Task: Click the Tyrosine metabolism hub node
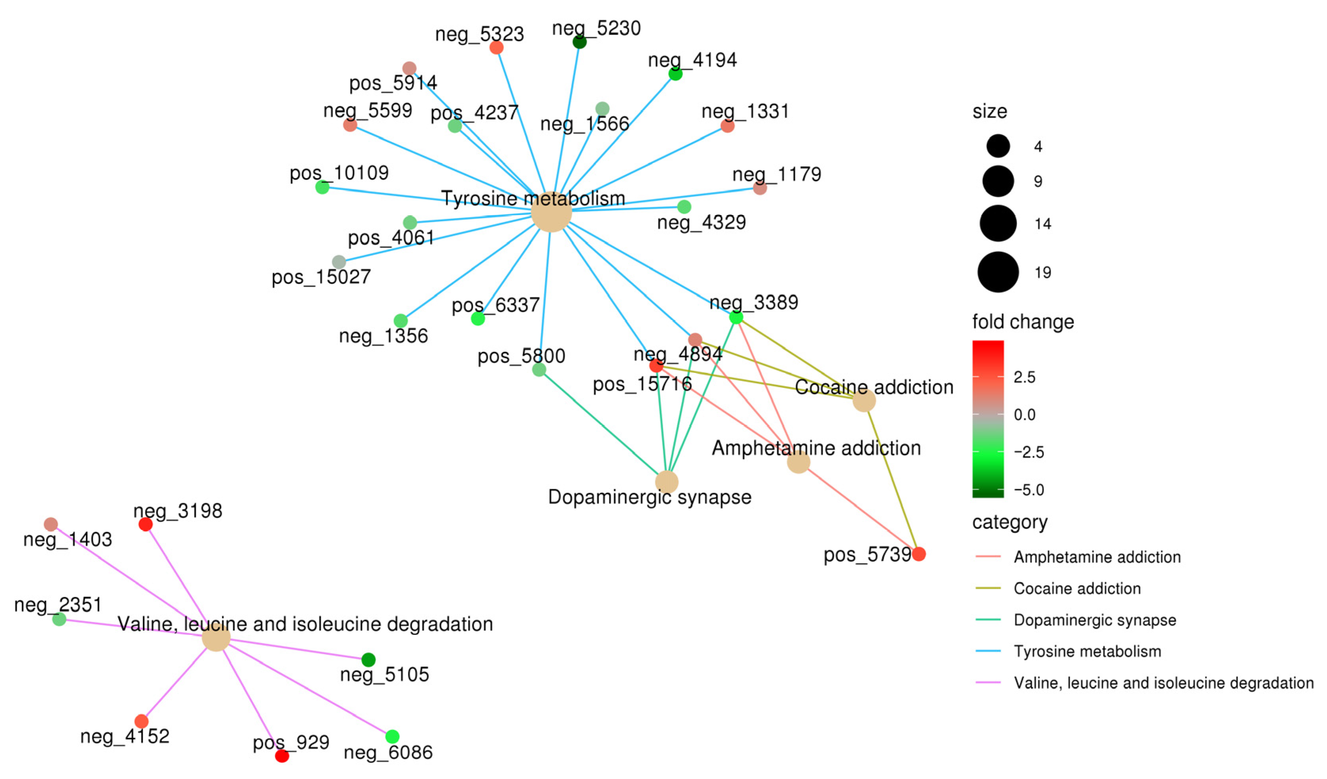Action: click(x=551, y=212)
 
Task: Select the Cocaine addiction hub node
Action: click(x=863, y=401)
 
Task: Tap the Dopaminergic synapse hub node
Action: click(x=667, y=482)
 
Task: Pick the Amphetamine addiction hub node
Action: click(x=798, y=463)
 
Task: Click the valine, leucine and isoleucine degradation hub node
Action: click(x=216, y=637)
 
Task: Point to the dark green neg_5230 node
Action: click(x=579, y=42)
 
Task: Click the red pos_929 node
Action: click(x=282, y=756)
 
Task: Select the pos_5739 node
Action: click(x=918, y=554)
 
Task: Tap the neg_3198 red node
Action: click(x=145, y=524)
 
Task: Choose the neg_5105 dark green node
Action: click(x=368, y=659)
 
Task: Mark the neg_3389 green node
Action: click(x=736, y=317)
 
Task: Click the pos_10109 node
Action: click(x=322, y=187)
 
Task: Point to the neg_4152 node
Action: click(x=141, y=721)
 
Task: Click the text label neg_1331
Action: click(x=745, y=112)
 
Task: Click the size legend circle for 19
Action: click(x=998, y=272)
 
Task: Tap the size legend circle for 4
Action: click(x=998, y=146)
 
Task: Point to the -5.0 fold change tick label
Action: click(x=1029, y=490)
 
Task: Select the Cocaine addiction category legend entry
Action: click(x=1077, y=589)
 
